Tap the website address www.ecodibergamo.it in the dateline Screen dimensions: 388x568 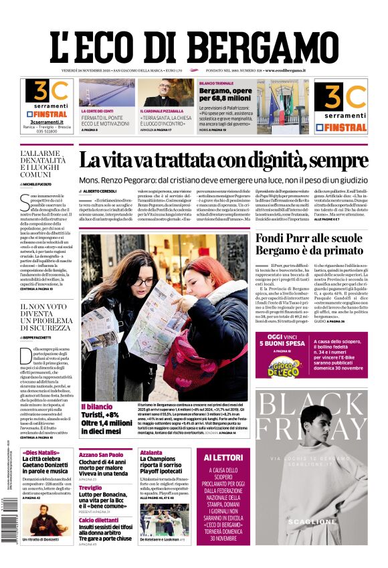pos(285,70)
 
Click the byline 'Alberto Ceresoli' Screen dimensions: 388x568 pos(100,191)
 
